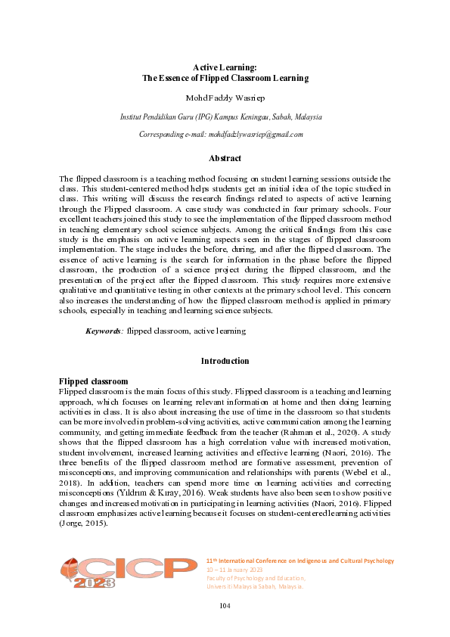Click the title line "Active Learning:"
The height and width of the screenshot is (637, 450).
point(225,68)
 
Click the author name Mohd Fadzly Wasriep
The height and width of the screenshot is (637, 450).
point(225,98)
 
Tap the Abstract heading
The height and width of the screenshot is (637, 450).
point(225,158)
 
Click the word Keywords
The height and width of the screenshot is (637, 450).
point(104,331)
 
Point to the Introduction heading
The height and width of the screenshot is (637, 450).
point(225,361)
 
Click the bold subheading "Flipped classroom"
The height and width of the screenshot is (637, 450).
point(93,381)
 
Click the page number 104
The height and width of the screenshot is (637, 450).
point(225,605)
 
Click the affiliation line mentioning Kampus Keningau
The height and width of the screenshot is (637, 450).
point(222,117)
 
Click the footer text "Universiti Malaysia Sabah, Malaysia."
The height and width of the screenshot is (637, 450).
point(255,586)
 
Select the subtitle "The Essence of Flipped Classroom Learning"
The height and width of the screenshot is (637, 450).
point(225,78)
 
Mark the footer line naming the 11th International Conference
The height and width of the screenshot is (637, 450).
point(300,561)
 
